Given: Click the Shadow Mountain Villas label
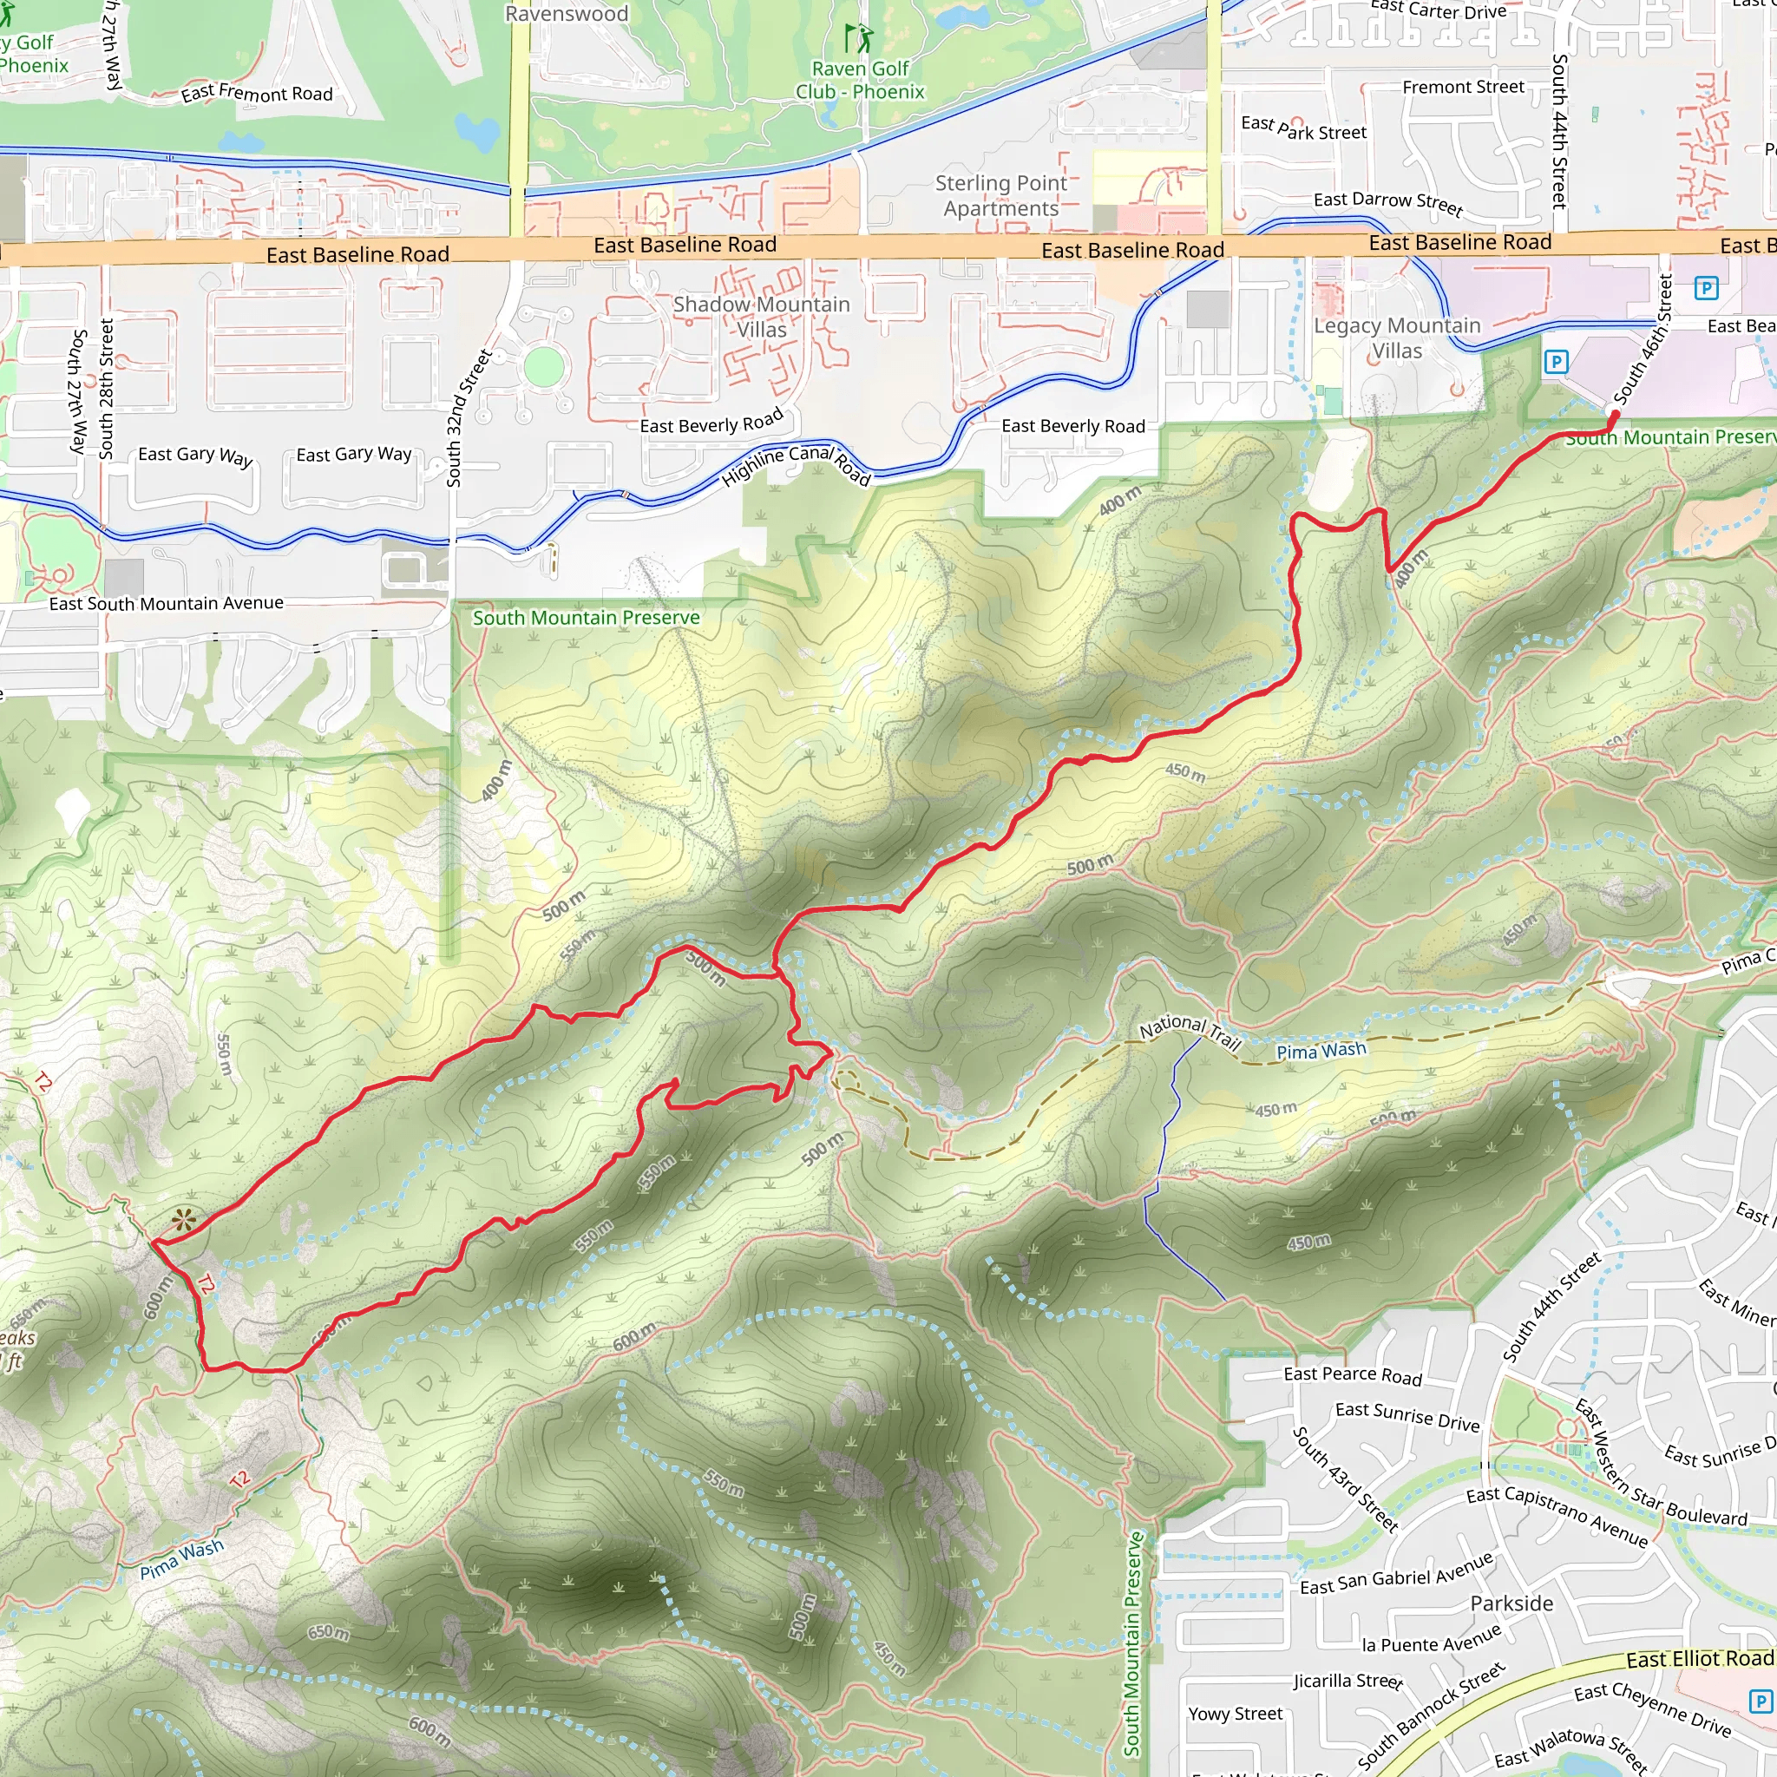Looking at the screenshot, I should click(x=762, y=317).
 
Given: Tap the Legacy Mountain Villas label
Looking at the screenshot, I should click(x=1397, y=338).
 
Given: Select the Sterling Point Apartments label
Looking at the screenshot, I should click(x=1000, y=196).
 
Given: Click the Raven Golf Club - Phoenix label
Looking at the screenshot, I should click(x=860, y=80).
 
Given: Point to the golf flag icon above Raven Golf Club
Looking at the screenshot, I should click(x=859, y=39).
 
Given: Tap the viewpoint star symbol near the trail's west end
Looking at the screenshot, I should click(x=184, y=1221).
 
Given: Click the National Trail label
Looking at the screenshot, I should click(x=1190, y=1032).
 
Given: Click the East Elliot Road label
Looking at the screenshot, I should click(x=1699, y=1659).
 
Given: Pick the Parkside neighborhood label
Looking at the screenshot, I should click(x=1511, y=1603).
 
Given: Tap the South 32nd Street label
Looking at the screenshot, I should click(x=469, y=417).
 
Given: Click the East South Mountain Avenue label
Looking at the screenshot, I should click(x=167, y=603).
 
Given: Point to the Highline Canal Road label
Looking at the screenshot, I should click(x=796, y=464).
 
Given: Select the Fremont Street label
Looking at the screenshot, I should click(x=1464, y=88).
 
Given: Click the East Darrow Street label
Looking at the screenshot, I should click(x=1387, y=202).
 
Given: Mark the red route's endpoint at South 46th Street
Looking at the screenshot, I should click(x=1615, y=415).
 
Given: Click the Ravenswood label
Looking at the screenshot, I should click(x=567, y=14).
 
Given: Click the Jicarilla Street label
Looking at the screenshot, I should click(x=1348, y=1681).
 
